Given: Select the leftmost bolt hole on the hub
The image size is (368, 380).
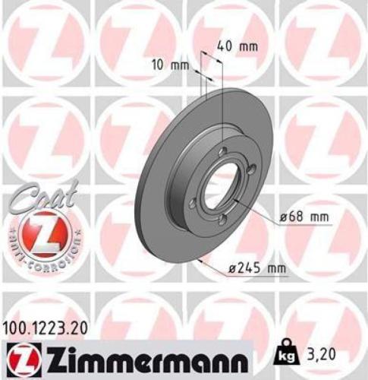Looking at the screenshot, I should [x=193, y=204].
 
